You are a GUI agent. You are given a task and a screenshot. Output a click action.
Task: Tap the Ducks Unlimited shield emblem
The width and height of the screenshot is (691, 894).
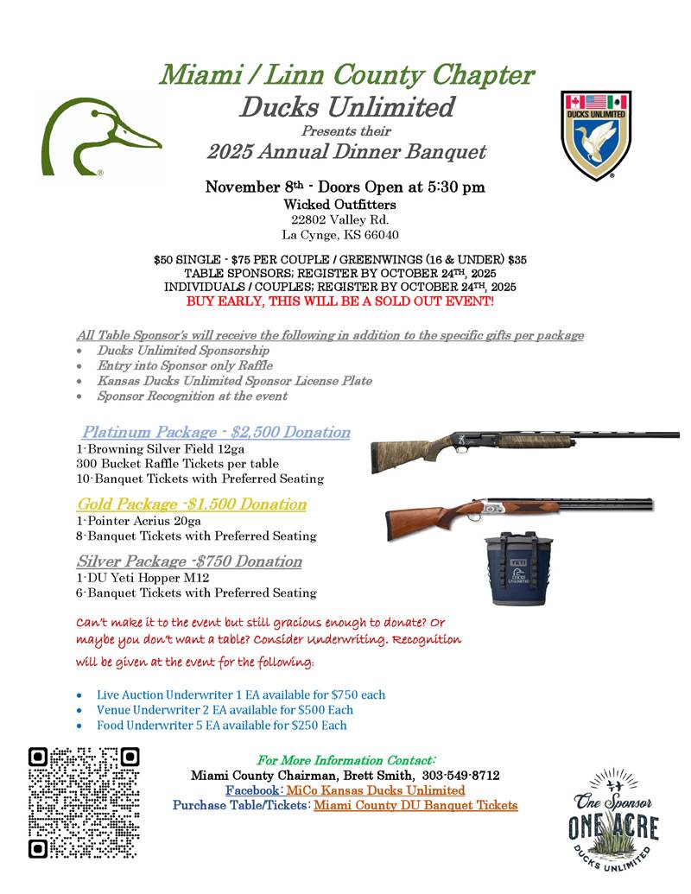595,134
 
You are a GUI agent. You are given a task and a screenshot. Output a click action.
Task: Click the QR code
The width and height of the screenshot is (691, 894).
84,802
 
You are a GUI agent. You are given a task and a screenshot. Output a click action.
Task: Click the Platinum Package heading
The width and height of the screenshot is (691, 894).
216,432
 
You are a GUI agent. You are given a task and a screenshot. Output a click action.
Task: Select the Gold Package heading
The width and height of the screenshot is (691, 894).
192,504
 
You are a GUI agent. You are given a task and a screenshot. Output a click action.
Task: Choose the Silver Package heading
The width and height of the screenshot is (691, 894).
189,561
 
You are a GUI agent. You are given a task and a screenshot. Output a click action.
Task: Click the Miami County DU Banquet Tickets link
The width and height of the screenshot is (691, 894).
415,805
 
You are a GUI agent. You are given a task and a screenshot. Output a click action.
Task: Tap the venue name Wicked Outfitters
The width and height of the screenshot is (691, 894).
340,205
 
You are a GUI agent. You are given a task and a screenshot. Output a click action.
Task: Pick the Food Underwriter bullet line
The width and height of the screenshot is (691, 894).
222,725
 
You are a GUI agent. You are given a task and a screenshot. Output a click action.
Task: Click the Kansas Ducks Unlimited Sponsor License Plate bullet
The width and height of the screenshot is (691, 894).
235,381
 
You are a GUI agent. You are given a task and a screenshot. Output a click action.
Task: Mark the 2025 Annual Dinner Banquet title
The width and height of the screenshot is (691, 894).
346,153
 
